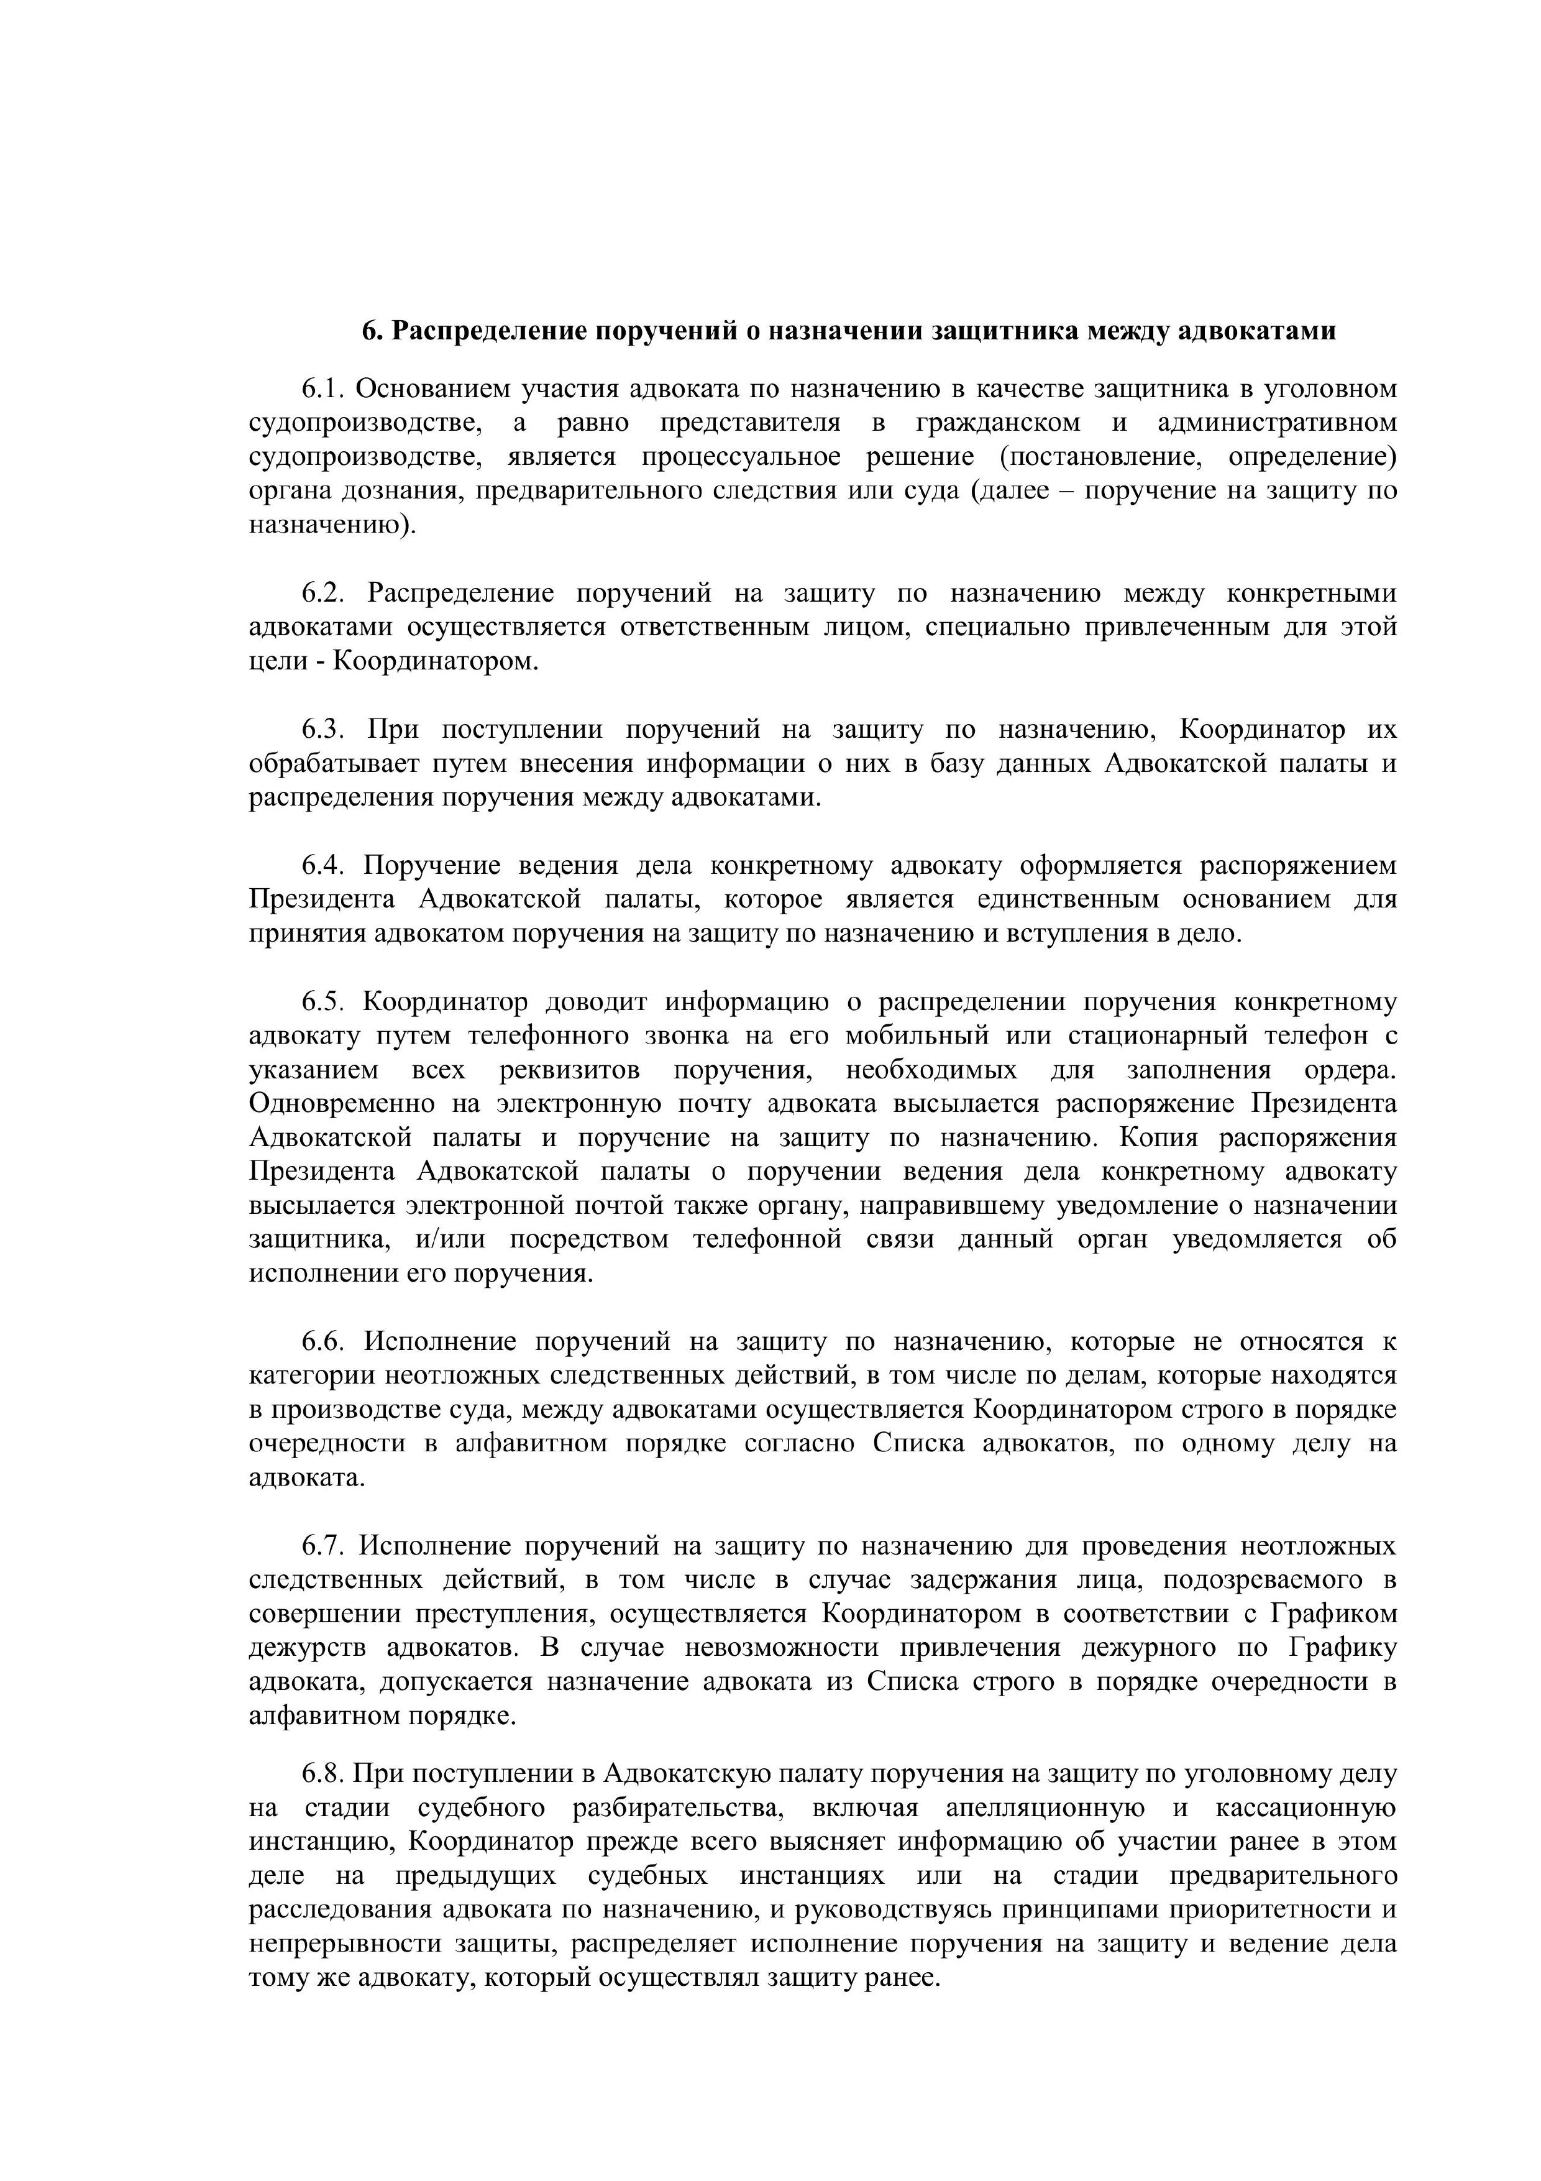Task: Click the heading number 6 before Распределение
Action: (x=369, y=331)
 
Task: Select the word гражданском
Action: (x=998, y=423)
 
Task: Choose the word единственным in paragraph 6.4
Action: (x=1068, y=899)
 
